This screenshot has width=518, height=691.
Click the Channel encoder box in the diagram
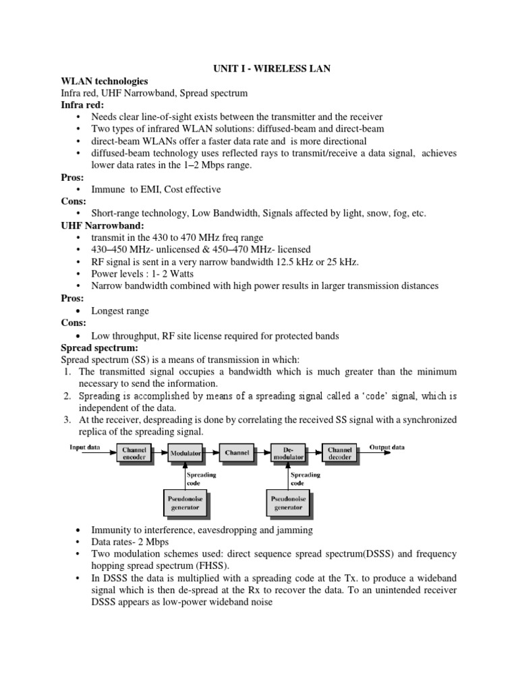tap(134, 453)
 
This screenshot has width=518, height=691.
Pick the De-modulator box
tap(287, 453)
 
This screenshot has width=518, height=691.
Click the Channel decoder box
tap(340, 453)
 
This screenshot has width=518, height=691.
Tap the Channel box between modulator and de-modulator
tap(237, 453)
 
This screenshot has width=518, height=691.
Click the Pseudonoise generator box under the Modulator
tap(185, 502)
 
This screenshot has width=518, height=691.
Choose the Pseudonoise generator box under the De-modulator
tap(287, 502)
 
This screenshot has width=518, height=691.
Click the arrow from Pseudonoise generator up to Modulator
tap(185, 476)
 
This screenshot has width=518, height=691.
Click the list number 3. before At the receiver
tap(67, 420)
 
